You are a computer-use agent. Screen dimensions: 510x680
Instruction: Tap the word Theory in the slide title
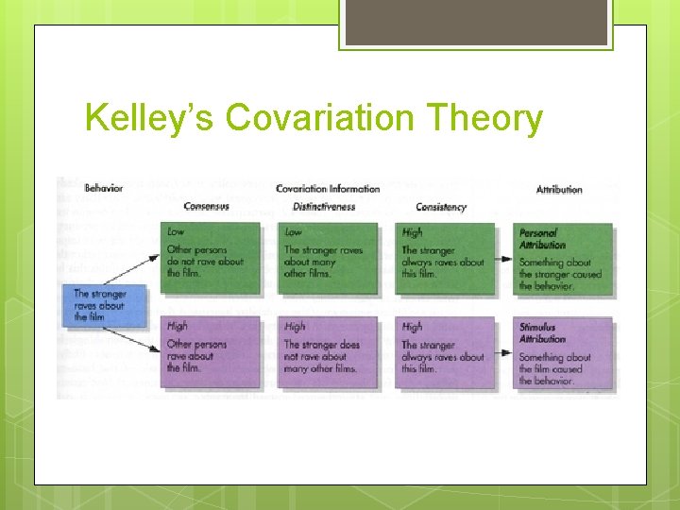click(498, 119)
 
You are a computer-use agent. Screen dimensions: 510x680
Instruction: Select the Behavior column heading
click(104, 188)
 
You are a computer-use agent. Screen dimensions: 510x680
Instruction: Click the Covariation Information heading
click(328, 189)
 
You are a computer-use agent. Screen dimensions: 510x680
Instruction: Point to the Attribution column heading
click(559, 190)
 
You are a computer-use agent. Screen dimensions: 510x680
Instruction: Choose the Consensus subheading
click(207, 207)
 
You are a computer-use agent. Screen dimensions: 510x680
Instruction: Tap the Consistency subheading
click(441, 207)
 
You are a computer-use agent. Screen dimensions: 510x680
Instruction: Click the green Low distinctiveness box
click(327, 257)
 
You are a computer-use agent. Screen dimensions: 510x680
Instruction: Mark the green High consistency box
click(443, 257)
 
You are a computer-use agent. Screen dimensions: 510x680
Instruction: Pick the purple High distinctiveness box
click(327, 350)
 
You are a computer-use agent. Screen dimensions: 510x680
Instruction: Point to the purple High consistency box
click(443, 350)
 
